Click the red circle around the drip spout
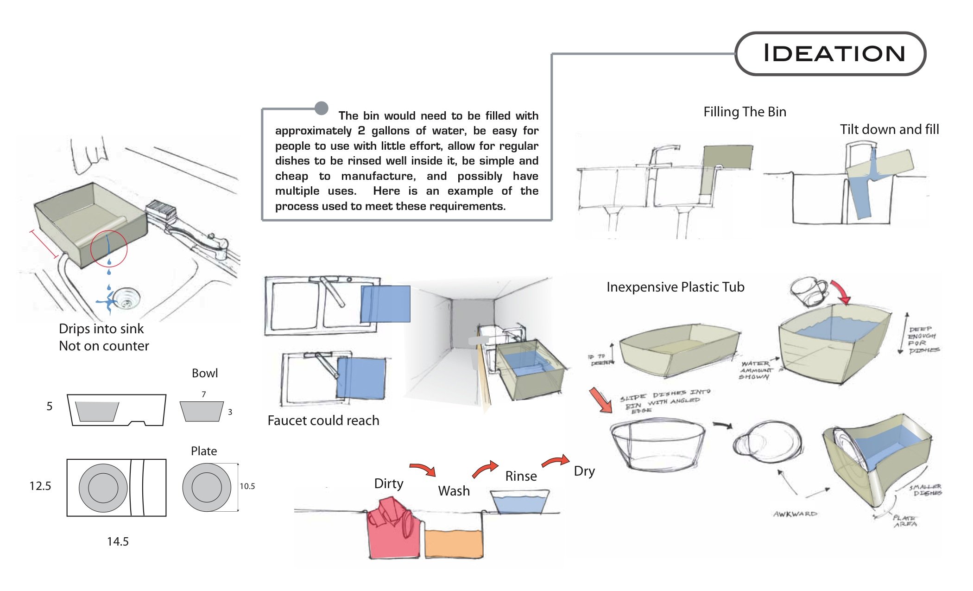pyautogui.click(x=108, y=249)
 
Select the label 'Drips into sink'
pyautogui.click(x=101, y=329)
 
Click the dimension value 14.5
pyautogui.click(x=118, y=541)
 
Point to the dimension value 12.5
pyautogui.click(x=40, y=486)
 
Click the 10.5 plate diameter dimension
pyautogui.click(x=247, y=486)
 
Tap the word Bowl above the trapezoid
pyautogui.click(x=204, y=373)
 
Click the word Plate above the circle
pyautogui.click(x=203, y=451)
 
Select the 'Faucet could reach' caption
pyautogui.click(x=323, y=420)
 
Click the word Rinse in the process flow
pyautogui.click(x=521, y=476)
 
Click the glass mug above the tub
pyautogui.click(x=809, y=292)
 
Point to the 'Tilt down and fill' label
pyautogui.click(x=889, y=129)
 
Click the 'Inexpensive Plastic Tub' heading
pyautogui.click(x=675, y=287)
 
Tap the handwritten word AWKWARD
pyautogui.click(x=795, y=514)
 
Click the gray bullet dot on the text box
pyautogui.click(x=321, y=108)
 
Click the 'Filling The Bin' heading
pyautogui.click(x=745, y=112)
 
